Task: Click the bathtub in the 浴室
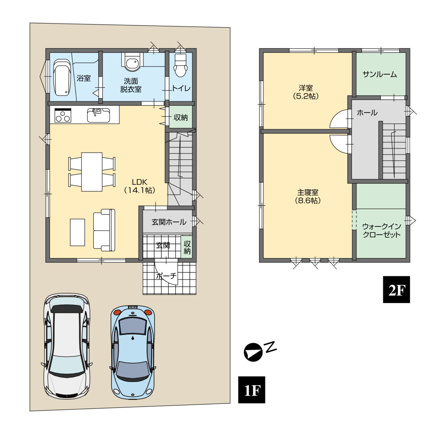click(x=62, y=77)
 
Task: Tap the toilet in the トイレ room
click(x=181, y=65)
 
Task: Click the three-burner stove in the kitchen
click(x=63, y=115)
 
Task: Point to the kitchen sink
click(x=99, y=115)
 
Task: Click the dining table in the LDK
click(x=92, y=172)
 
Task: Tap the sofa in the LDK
click(x=104, y=230)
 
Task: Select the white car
click(x=67, y=346)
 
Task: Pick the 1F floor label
click(x=251, y=390)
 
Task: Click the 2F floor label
click(x=396, y=290)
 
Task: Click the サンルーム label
click(x=380, y=74)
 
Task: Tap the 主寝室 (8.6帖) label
click(x=307, y=196)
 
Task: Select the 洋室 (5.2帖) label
click(x=305, y=92)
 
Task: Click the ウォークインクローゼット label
click(x=382, y=231)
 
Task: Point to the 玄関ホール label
click(x=169, y=222)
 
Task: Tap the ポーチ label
click(x=166, y=276)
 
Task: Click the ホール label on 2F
click(x=367, y=112)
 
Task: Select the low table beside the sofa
click(x=77, y=233)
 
